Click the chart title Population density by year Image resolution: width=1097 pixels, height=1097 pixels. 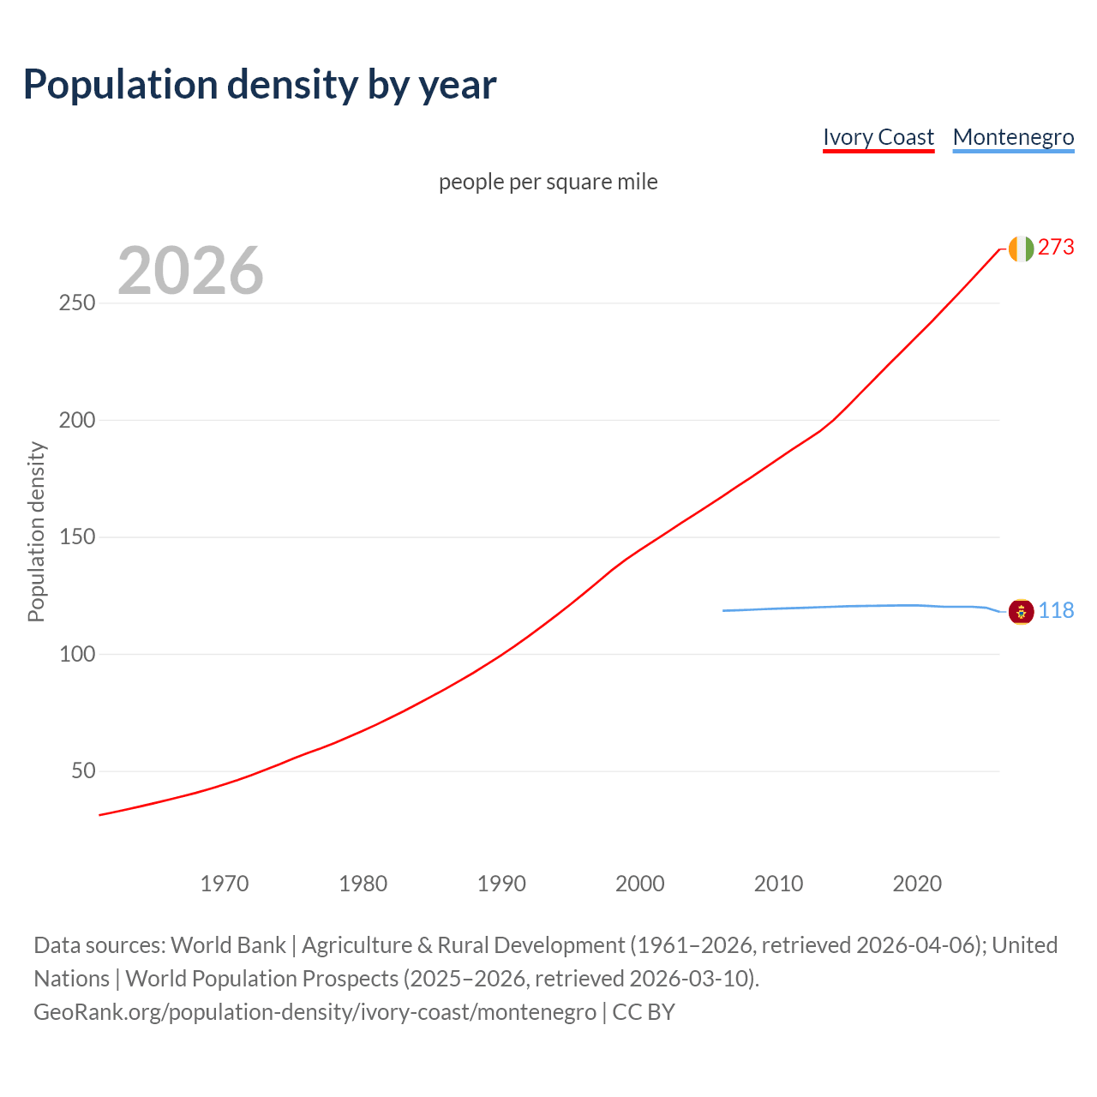tap(260, 85)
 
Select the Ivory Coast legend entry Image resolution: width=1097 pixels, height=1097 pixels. tap(878, 137)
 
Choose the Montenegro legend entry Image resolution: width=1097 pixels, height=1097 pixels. tap(1013, 137)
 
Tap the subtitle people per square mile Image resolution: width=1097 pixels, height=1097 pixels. tap(548, 182)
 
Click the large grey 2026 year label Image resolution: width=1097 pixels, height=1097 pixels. tap(190, 271)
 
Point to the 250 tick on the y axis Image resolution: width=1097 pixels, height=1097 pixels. tap(77, 303)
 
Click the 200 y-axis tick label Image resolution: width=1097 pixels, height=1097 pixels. tap(77, 420)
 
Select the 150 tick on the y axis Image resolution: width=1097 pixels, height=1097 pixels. tap(77, 537)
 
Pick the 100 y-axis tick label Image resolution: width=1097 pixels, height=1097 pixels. tap(77, 654)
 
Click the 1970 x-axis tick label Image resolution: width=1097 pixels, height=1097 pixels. tap(225, 884)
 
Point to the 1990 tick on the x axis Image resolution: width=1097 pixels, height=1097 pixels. tap(501, 884)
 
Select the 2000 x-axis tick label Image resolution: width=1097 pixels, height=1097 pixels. tap(640, 884)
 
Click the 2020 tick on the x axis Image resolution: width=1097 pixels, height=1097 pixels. tap(917, 884)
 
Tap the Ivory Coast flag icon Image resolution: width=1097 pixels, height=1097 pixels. tap(1021, 249)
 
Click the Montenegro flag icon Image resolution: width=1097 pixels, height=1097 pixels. tap(1021, 612)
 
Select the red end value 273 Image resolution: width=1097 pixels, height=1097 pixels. tap(1056, 248)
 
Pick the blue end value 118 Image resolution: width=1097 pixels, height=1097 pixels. tap(1056, 611)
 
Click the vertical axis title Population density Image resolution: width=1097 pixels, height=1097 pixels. tap(36, 531)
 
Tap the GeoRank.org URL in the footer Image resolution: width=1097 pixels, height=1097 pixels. tap(315, 1012)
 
